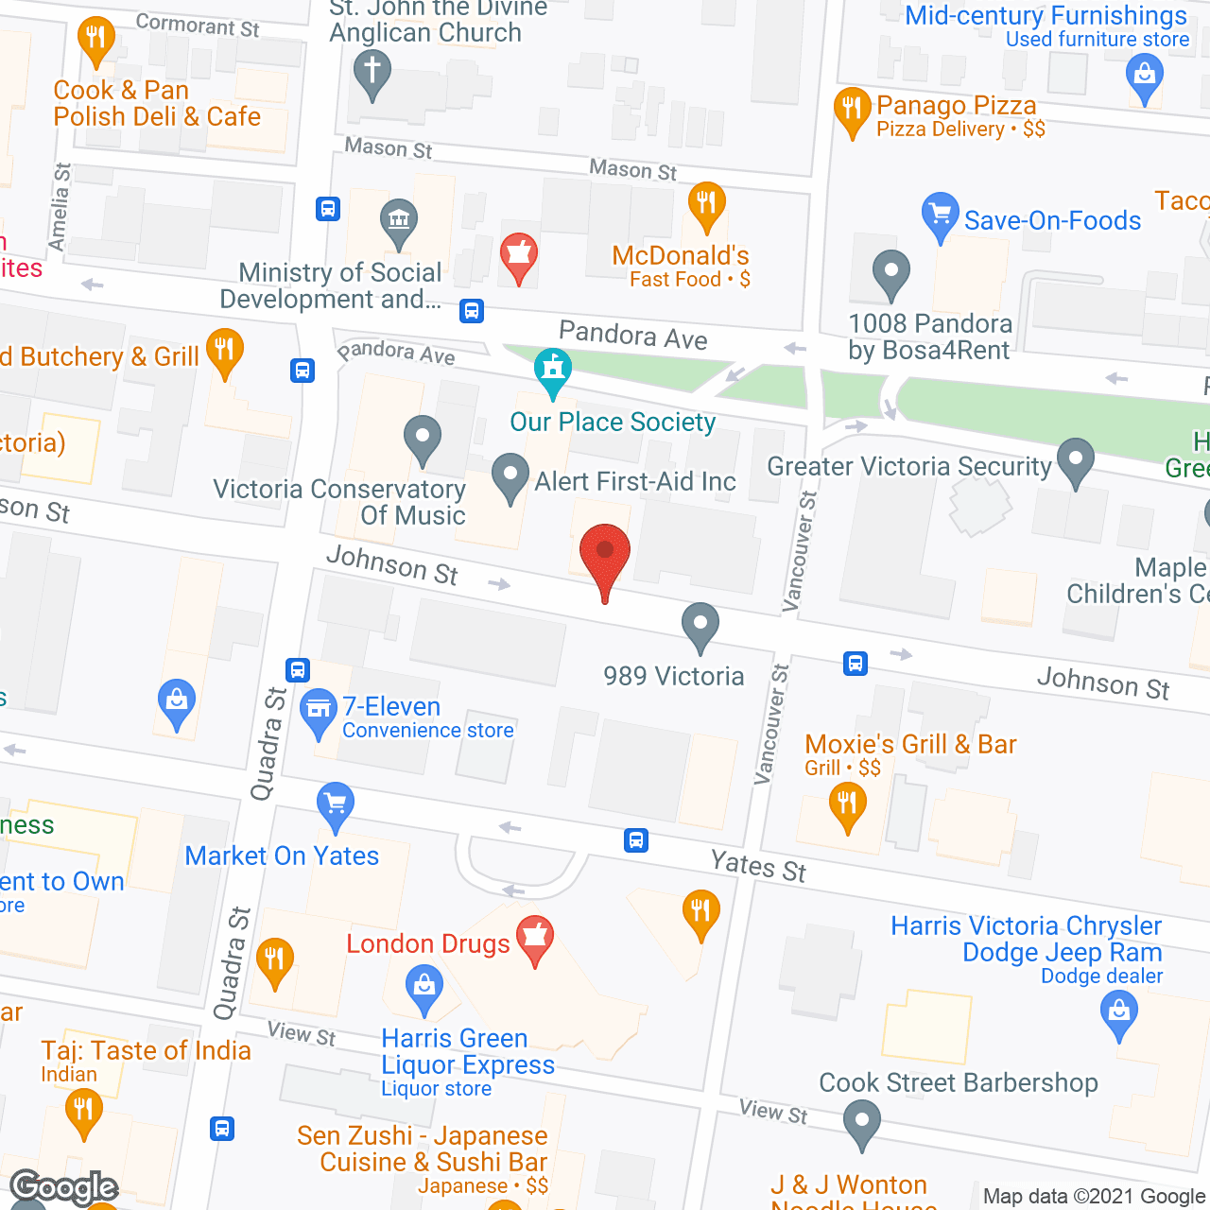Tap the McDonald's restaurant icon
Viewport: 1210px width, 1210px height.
point(706,204)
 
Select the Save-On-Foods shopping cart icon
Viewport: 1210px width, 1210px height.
point(939,216)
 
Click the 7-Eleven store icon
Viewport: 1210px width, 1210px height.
point(319,711)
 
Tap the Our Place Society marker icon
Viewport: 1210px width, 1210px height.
point(553,371)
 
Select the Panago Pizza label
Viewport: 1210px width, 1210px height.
point(956,105)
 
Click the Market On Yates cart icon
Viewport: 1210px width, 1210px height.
point(335,805)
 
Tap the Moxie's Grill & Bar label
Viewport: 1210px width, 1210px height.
point(910,744)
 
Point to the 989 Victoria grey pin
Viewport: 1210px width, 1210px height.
point(700,625)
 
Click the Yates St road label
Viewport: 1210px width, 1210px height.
point(758,866)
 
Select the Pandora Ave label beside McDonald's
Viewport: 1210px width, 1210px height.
point(633,336)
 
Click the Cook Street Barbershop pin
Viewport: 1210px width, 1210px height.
point(861,1124)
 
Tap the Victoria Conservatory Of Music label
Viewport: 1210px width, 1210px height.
point(339,502)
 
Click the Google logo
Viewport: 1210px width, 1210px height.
point(64,1186)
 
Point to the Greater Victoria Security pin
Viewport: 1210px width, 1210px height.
point(1075,460)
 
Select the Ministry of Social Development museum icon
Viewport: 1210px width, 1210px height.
point(398,222)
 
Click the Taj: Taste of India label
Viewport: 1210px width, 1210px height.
point(146,1050)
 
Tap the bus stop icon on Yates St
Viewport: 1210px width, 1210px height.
point(636,839)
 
